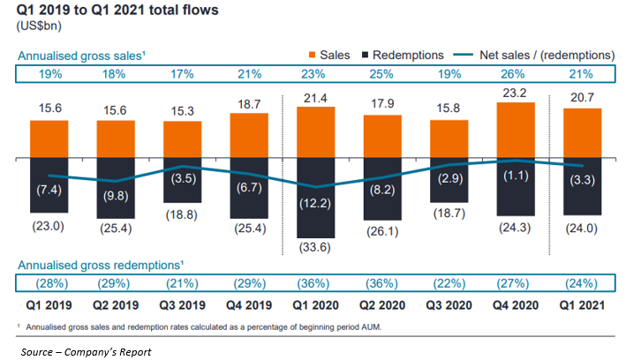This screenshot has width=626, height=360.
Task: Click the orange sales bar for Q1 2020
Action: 315,132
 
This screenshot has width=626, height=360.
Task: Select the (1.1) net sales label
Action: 515,175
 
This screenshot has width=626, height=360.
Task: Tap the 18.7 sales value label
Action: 248,103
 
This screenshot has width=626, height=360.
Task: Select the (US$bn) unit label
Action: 38,26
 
